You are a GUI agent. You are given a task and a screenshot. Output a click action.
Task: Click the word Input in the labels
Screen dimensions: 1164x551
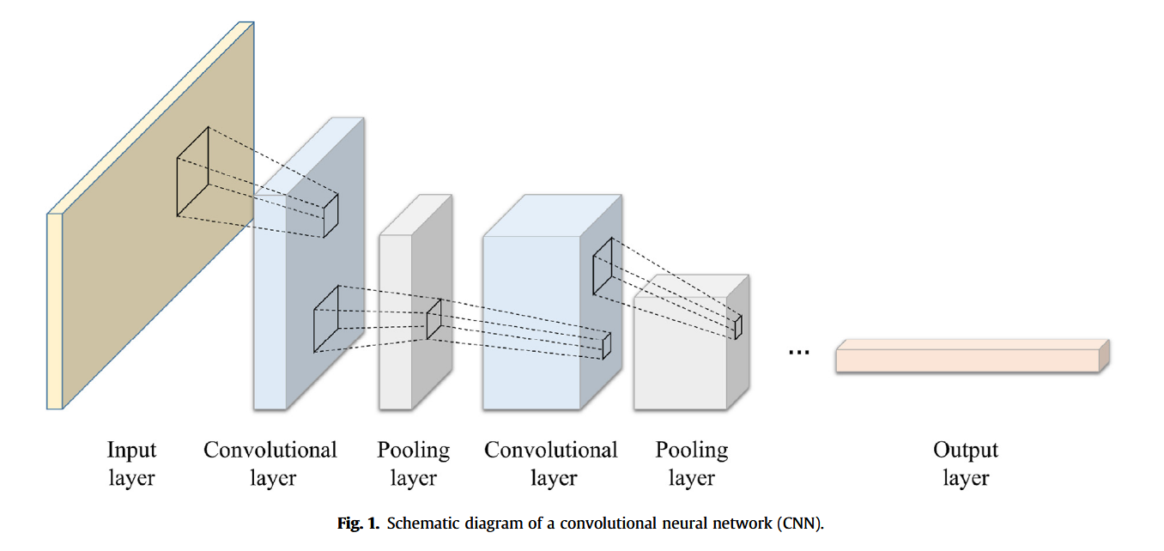coord(131,451)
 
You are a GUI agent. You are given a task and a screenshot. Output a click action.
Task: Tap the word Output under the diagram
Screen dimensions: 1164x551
coord(966,450)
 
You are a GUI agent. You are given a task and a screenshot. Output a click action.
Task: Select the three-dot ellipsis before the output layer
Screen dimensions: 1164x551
coord(798,353)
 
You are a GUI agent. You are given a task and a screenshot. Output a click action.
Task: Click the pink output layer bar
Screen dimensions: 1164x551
coord(973,356)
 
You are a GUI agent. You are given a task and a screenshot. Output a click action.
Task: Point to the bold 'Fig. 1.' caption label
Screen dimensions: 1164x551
coord(359,523)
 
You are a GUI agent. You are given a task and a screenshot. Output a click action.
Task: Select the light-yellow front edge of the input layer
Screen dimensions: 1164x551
coord(55,311)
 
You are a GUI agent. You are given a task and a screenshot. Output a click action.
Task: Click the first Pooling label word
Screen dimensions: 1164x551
coord(413,451)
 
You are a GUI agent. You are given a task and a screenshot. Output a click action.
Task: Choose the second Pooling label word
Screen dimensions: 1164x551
coord(692,451)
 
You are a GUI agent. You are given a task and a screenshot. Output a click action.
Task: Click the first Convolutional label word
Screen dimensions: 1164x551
coord(270,450)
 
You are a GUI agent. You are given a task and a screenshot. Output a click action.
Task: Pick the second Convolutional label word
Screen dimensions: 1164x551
coord(551,450)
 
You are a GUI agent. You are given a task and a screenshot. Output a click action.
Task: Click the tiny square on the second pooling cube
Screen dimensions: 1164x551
coord(738,327)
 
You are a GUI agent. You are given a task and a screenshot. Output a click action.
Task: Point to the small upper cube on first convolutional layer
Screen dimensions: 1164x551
coord(330,216)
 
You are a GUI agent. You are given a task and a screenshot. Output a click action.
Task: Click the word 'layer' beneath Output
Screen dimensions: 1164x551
coord(966,478)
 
